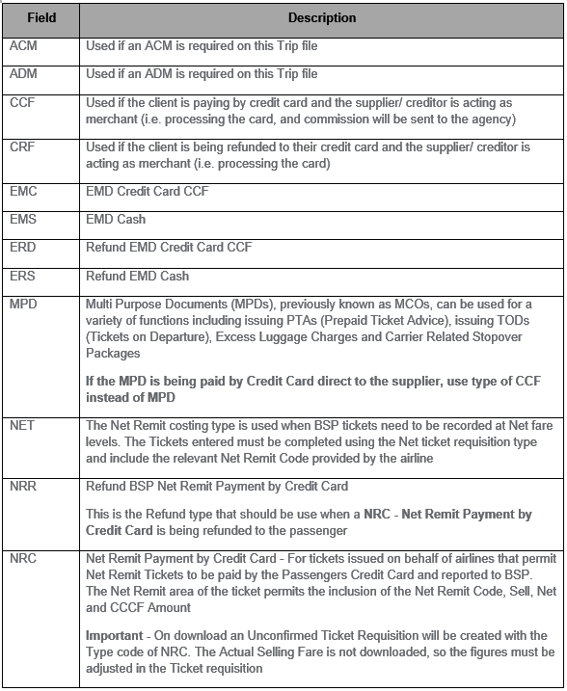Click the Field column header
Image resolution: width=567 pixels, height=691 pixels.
tap(41, 17)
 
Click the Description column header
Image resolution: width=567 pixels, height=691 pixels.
tap(321, 17)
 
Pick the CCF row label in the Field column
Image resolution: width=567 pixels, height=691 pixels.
tap(22, 102)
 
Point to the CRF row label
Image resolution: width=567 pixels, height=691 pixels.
tap(22, 146)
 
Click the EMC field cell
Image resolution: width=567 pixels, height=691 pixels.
tap(23, 191)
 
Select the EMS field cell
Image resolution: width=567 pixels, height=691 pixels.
tap(23, 220)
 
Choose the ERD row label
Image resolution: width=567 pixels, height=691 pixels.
tap(23, 248)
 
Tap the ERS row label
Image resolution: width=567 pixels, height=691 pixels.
tap(23, 277)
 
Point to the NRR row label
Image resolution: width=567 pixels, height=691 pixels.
tap(23, 485)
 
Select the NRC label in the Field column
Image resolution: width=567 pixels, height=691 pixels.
tap(23, 560)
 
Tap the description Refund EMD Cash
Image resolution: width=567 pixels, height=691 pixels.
tap(137, 277)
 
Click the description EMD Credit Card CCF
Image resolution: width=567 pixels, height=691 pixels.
tap(147, 191)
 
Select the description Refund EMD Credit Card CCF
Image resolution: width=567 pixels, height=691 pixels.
tap(169, 248)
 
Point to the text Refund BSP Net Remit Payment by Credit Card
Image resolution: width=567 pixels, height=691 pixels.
tap(216, 485)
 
